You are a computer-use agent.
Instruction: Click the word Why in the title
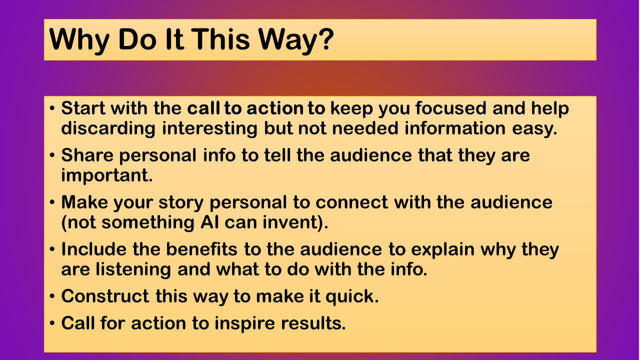(79, 40)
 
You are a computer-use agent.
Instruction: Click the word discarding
(108, 128)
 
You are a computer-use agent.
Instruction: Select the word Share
(87, 155)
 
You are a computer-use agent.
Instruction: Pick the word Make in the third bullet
(84, 202)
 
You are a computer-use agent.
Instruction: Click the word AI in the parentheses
(209, 222)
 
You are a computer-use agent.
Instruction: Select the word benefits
(201, 249)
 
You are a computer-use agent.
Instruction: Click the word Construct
(105, 296)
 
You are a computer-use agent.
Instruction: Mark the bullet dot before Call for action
(52, 323)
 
